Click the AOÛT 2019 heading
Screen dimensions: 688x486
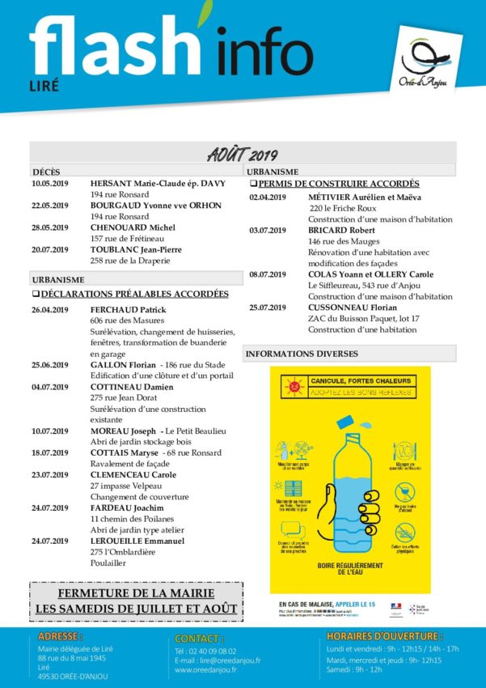(x=243, y=154)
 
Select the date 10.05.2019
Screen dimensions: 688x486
(x=50, y=184)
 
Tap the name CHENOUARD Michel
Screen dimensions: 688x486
(x=133, y=228)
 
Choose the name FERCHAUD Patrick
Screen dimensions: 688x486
(x=128, y=310)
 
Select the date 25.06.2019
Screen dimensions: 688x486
(x=50, y=365)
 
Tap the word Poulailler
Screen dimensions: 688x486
(x=108, y=563)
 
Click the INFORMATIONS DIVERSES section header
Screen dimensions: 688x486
(x=300, y=354)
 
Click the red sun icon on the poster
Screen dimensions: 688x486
(x=294, y=387)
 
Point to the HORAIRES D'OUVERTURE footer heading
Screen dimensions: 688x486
(x=384, y=636)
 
